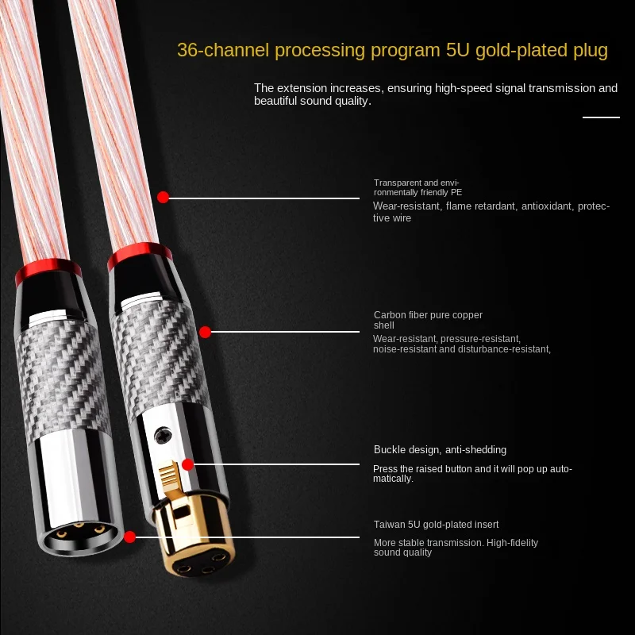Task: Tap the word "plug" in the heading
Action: [x=587, y=51]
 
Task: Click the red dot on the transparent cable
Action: [x=163, y=197]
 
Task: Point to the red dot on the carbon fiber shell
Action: [x=205, y=332]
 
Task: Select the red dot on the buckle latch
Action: [x=188, y=465]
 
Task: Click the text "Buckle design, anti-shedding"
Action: [x=440, y=450]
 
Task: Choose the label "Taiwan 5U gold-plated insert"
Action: [x=436, y=525]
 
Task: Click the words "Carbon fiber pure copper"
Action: [x=428, y=315]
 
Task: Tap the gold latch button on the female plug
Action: [x=170, y=480]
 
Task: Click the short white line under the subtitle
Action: [x=601, y=117]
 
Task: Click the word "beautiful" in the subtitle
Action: [x=277, y=102]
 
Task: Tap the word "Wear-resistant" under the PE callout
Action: [x=406, y=206]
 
